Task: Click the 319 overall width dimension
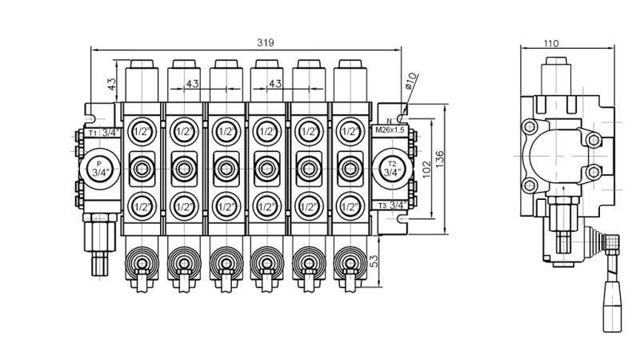tap(265, 43)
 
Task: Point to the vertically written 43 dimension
tap(113, 82)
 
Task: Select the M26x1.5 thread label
tap(391, 130)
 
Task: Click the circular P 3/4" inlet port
tap(100, 168)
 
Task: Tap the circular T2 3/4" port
tap(392, 168)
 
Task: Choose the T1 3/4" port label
tap(103, 132)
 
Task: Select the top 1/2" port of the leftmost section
tap(142, 131)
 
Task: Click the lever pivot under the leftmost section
tap(142, 262)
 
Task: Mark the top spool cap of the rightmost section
tap(349, 77)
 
